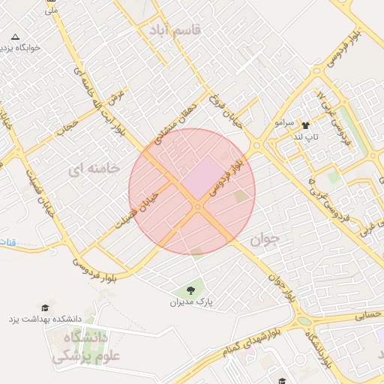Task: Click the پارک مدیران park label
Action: tap(190, 303)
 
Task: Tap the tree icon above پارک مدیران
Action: tap(190, 289)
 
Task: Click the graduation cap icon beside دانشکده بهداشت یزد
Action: tap(44, 307)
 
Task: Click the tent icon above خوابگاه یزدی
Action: tap(16, 36)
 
